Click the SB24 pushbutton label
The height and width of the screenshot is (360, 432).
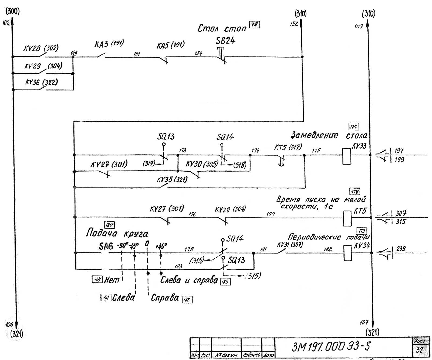pyautogui.click(x=225, y=41)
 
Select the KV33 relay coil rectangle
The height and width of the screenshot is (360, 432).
pyautogui.click(x=347, y=156)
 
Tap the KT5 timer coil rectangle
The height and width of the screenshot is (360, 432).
pyautogui.click(x=347, y=218)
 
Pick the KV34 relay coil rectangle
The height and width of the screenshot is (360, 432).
pyautogui.click(x=348, y=253)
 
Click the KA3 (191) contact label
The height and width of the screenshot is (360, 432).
pyautogui.click(x=109, y=44)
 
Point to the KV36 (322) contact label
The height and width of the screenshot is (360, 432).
pyautogui.click(x=41, y=82)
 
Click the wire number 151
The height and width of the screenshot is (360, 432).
pyautogui.click(x=137, y=54)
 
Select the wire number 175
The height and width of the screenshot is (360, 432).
pyautogui.click(x=316, y=151)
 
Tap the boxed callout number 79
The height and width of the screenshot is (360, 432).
pyautogui.click(x=254, y=25)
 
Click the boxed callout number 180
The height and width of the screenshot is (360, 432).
pyautogui.click(x=109, y=225)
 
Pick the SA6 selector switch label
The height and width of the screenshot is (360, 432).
pyautogui.click(x=106, y=246)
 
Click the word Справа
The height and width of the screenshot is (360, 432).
pyautogui.click(x=165, y=298)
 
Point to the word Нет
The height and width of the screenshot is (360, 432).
pyautogui.click(x=112, y=280)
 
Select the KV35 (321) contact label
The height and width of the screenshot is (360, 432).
pyautogui.click(x=172, y=179)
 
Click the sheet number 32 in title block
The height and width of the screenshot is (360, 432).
pyautogui.click(x=419, y=350)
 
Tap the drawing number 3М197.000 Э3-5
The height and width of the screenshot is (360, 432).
pyautogui.click(x=331, y=346)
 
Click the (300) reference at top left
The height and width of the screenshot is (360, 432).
pyautogui.click(x=13, y=11)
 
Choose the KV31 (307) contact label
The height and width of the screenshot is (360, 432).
pyautogui.click(x=290, y=245)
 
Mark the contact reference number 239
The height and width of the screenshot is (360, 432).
pyautogui.click(x=401, y=249)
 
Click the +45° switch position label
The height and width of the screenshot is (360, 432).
pyautogui.click(x=161, y=246)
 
